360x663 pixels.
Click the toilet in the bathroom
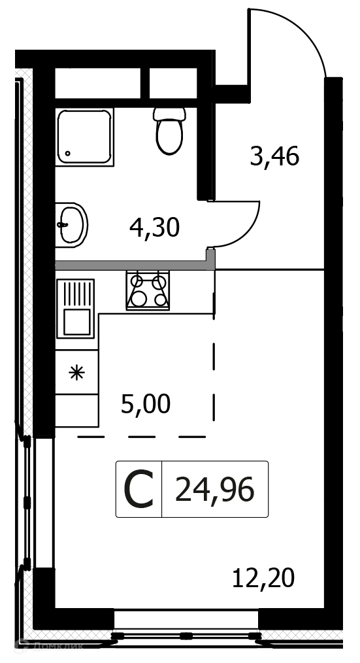tap(169, 131)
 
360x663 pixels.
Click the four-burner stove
tap(148, 290)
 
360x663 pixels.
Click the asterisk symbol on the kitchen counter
tap(77, 373)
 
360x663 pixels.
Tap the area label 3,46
tap(274, 157)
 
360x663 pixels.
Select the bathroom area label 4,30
tap(155, 228)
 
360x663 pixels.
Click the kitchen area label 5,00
tap(146, 404)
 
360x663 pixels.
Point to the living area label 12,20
tap(263, 578)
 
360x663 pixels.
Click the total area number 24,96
tap(215, 490)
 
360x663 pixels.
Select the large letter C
tap(138, 490)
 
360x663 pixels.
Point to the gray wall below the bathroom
tap(135, 265)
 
